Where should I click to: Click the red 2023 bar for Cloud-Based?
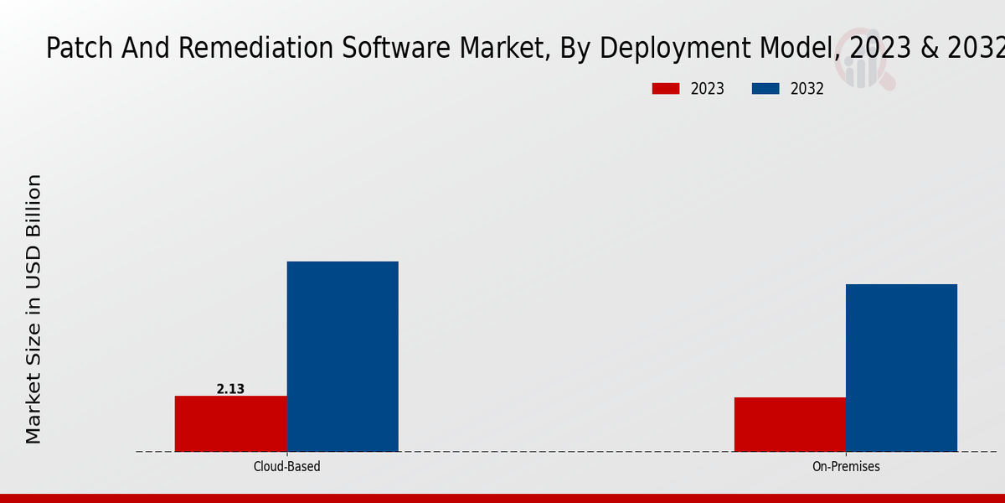pyautogui.click(x=230, y=423)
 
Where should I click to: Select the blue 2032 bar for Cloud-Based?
pyautogui.click(x=343, y=356)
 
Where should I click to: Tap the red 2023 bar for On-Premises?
pyautogui.click(x=790, y=424)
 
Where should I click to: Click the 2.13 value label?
pyautogui.click(x=230, y=389)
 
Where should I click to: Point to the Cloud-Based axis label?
pyautogui.click(x=286, y=466)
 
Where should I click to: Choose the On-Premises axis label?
pyautogui.click(x=846, y=466)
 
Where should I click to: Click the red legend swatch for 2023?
pyautogui.click(x=666, y=89)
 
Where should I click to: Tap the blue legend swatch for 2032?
pyautogui.click(x=765, y=89)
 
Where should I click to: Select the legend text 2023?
pyautogui.click(x=708, y=89)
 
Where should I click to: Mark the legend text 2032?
pyautogui.click(x=807, y=89)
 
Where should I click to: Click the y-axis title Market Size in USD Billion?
pyautogui.click(x=33, y=309)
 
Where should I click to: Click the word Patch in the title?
pyautogui.click(x=74, y=49)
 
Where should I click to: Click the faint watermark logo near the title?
pyautogui.click(x=868, y=67)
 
